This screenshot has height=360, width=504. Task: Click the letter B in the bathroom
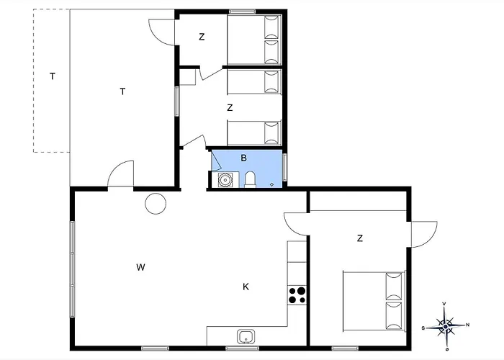tap(243, 158)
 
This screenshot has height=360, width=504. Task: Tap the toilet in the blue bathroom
tap(250, 179)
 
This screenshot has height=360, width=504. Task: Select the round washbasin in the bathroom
tap(225, 180)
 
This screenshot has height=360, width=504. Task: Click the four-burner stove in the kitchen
tap(297, 295)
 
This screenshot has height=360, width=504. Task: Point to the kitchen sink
tap(246, 337)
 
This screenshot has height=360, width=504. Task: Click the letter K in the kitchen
tap(246, 287)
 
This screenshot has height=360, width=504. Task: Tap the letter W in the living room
tap(140, 267)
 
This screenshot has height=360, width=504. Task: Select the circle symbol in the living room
tap(156, 204)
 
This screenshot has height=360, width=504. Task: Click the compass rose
tap(445, 327)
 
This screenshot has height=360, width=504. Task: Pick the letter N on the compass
tap(467, 325)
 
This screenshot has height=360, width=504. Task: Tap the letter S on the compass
tap(423, 328)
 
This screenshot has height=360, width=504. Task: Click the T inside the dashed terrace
tap(53, 76)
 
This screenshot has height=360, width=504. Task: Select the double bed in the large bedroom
tap(374, 301)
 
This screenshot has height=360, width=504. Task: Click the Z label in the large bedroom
tap(360, 238)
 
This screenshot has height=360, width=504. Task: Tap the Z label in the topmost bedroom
tap(202, 37)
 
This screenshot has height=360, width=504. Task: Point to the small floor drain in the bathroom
tap(272, 184)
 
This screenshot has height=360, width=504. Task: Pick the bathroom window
tap(285, 168)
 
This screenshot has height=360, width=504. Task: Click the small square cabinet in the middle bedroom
tap(187, 77)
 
